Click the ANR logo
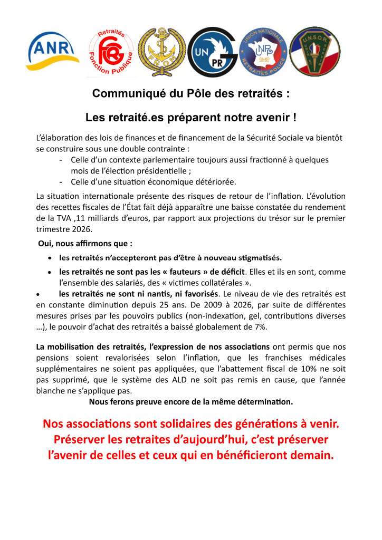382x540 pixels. point(52,51)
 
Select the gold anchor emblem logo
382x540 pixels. point(161,52)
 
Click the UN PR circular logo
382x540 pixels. point(212,52)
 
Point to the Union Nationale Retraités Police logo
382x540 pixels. point(263,52)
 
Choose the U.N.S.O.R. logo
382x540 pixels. point(315,52)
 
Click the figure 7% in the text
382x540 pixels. point(260,327)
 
